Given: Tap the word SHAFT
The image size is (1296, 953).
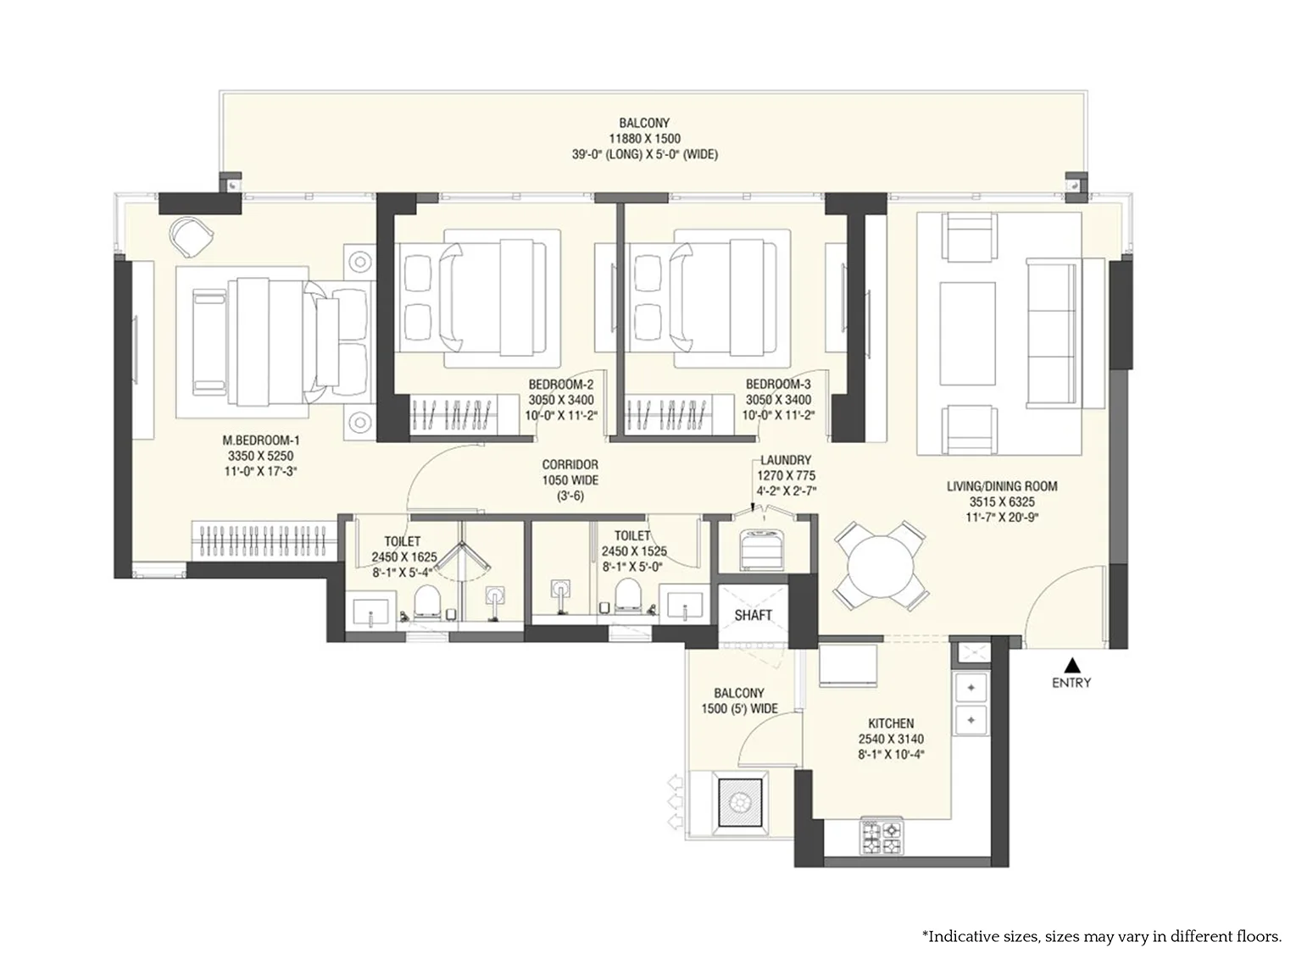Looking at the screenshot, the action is (x=754, y=615).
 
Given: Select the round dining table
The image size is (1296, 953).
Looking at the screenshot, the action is (x=880, y=568).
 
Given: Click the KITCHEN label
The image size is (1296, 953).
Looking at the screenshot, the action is (x=891, y=723).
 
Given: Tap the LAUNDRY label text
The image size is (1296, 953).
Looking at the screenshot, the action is (x=786, y=460).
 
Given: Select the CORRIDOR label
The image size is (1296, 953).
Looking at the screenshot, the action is (x=570, y=464).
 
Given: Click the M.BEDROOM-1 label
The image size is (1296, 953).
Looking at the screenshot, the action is (x=261, y=440).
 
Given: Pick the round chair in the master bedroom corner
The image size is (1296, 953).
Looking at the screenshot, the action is (x=191, y=236).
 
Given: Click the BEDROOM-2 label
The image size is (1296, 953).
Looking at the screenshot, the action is (x=560, y=384).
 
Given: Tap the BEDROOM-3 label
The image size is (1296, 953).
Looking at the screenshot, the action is (x=778, y=384).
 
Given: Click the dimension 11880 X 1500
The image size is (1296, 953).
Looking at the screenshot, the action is (x=644, y=139).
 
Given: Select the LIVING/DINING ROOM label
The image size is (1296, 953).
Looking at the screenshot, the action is (x=1002, y=486).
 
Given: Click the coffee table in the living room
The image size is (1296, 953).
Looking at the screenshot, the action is (x=967, y=334).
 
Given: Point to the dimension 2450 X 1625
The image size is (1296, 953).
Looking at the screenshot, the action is (x=403, y=557).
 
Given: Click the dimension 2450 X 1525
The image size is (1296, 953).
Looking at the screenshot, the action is (x=634, y=551).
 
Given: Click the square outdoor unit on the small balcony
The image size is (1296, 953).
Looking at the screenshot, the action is (x=740, y=802).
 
